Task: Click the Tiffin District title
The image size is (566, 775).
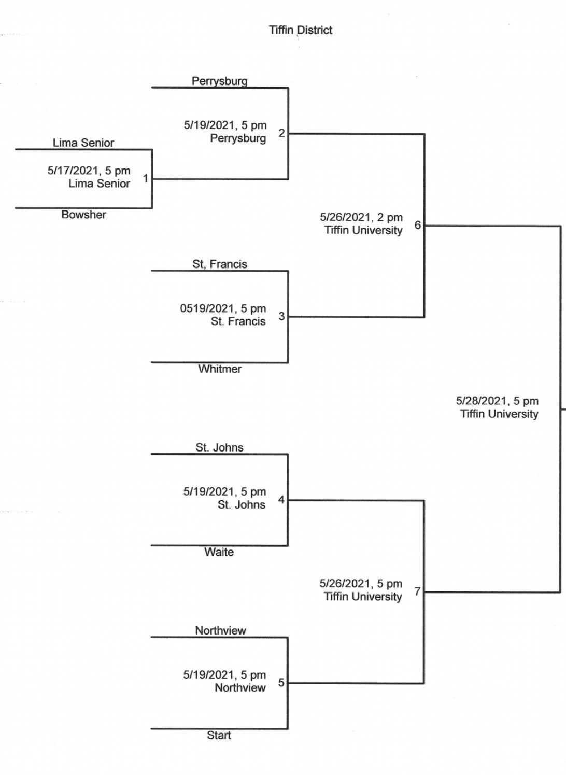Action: click(301, 30)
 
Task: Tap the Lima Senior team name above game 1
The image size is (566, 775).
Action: click(83, 143)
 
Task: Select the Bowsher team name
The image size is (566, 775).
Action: click(83, 215)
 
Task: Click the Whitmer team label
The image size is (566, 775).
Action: click(220, 369)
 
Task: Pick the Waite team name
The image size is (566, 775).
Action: click(219, 552)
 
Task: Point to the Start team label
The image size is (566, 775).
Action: click(219, 735)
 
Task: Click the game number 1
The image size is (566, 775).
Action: click(146, 178)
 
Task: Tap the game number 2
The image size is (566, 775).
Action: click(281, 133)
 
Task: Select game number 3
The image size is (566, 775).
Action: click(281, 316)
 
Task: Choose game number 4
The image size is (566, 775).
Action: click(281, 500)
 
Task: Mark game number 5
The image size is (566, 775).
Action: click(281, 683)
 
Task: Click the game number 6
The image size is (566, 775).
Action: click(418, 225)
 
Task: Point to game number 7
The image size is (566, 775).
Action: click(417, 591)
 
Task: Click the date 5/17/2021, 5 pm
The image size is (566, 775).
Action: click(89, 171)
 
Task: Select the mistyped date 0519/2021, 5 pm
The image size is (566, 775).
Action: click(223, 308)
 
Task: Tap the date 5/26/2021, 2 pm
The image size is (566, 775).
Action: click(361, 217)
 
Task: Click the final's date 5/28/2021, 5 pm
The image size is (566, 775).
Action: click(497, 401)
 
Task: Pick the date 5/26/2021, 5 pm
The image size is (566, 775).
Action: click(361, 584)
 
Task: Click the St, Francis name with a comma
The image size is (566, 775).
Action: click(220, 264)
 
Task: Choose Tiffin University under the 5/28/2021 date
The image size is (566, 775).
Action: click(499, 414)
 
